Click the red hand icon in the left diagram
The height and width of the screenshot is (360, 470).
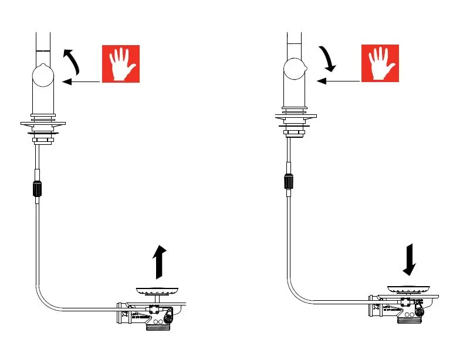pyautogui.click(x=121, y=64)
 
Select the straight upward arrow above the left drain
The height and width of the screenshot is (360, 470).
pyautogui.click(x=158, y=262)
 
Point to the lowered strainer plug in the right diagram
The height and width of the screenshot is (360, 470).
pyautogui.click(x=411, y=289)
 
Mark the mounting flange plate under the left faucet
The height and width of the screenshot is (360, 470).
pyautogui.click(x=42, y=123)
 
